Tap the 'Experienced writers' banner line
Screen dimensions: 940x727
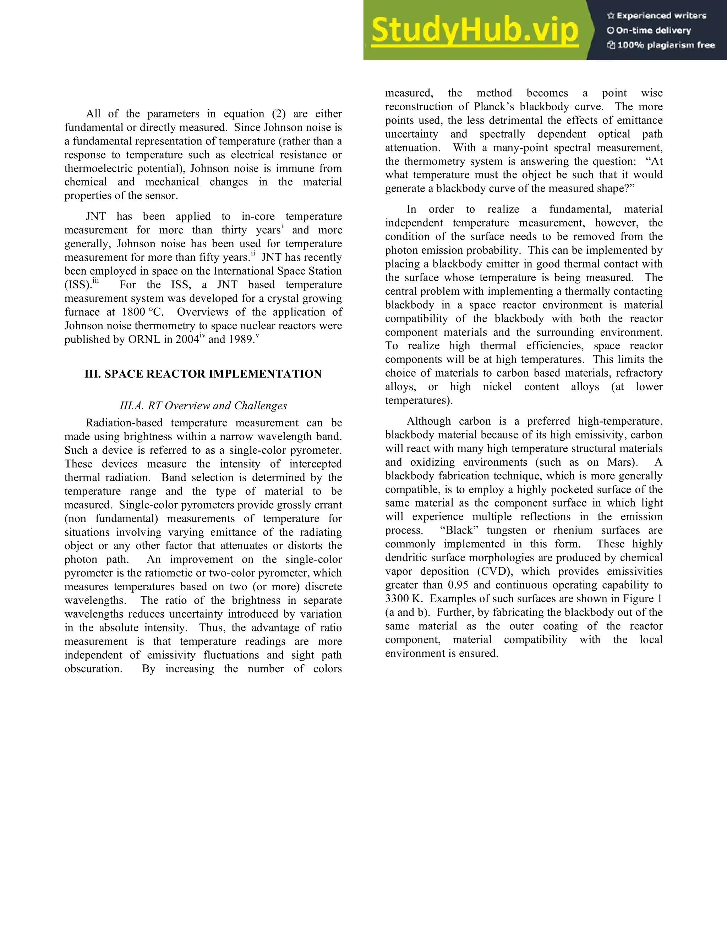(657, 16)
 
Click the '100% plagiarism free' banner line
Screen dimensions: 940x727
(661, 45)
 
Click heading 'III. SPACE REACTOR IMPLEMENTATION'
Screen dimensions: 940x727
(203, 374)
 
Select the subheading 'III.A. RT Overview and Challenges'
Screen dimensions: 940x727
(203, 405)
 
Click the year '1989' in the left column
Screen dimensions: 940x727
(241, 339)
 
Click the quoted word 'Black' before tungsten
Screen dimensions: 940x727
(459, 530)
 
